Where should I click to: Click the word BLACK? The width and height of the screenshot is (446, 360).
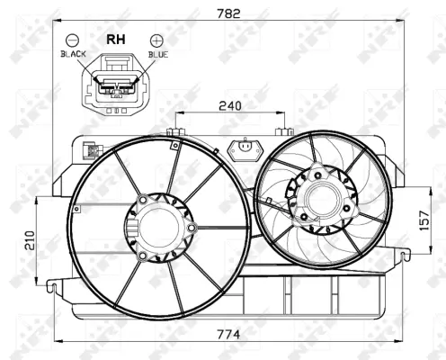point(72,55)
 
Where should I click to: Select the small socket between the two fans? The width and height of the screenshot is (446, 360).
point(243,148)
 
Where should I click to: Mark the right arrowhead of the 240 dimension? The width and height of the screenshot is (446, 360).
point(285,113)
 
